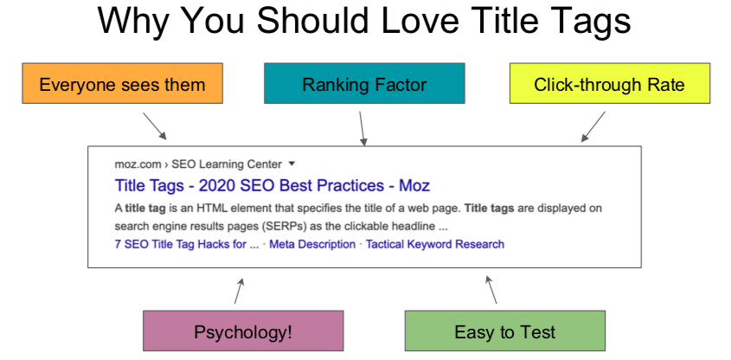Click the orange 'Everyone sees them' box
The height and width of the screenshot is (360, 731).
pos(122,84)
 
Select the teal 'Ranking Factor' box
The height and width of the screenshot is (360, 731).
pos(364,84)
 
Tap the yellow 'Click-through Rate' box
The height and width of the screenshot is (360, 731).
pos(609,84)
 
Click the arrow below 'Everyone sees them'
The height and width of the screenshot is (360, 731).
pos(155,125)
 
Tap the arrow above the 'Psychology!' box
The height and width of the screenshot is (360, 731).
pos(240,291)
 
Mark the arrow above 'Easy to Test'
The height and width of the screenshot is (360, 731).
pos(491,290)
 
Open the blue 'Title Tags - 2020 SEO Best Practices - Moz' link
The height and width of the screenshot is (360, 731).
pos(272,185)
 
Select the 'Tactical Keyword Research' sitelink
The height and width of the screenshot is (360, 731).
pos(434,244)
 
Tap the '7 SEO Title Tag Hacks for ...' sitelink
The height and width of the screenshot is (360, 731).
pos(186,244)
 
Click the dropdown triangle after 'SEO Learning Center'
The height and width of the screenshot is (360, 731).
pos(292,163)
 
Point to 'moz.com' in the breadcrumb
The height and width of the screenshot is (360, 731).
pos(133,164)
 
